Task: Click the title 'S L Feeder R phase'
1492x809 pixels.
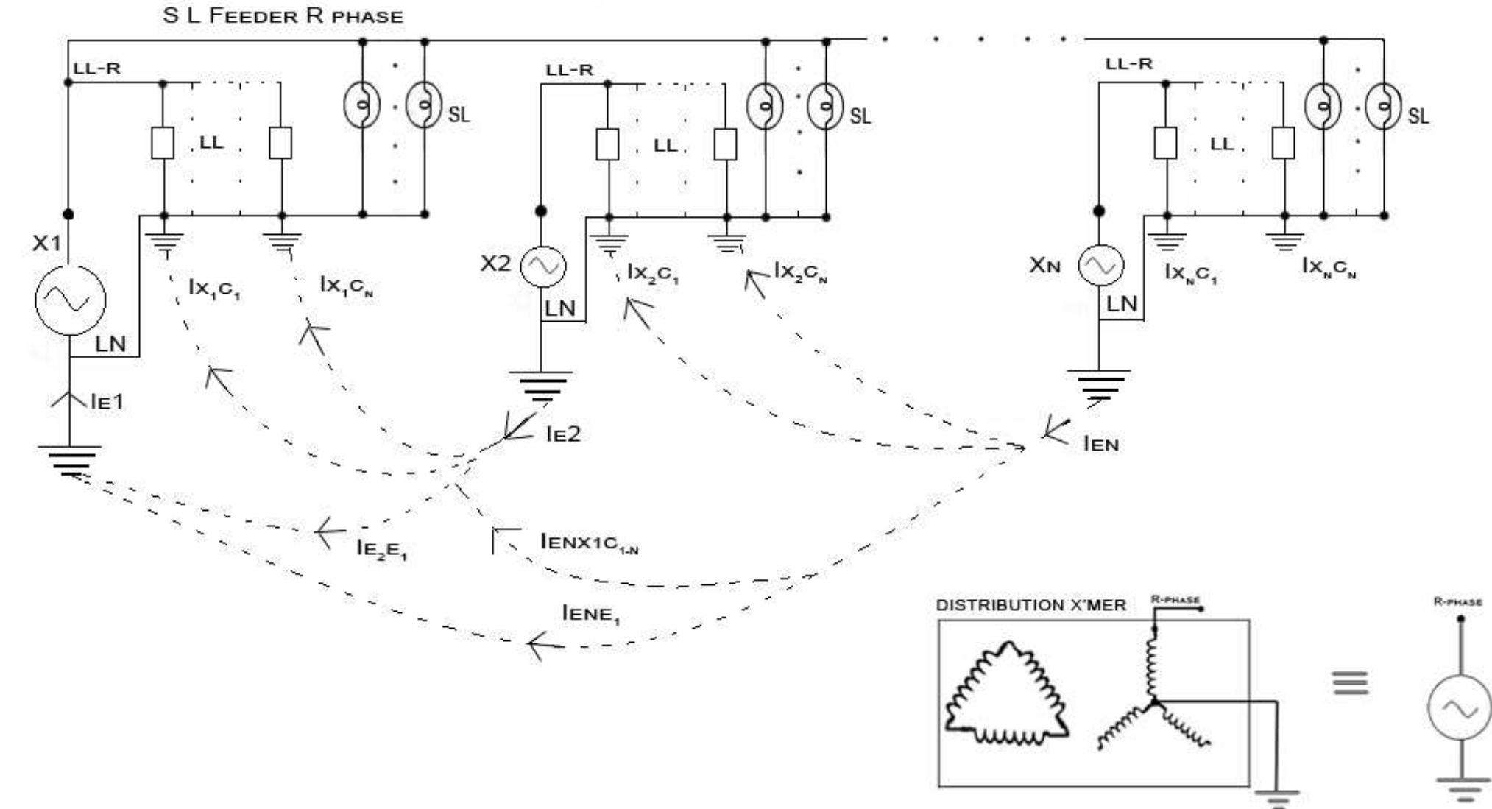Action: (283, 15)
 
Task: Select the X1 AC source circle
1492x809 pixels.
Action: (70, 300)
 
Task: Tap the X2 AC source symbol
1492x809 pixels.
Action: (543, 266)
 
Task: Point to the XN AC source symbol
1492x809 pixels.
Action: (1101, 266)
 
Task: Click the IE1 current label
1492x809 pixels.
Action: (107, 401)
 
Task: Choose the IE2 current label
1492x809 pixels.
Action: (563, 434)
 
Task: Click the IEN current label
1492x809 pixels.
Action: (1101, 444)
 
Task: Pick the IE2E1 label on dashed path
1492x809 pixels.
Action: (381, 548)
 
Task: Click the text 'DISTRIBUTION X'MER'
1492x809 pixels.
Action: (1030, 605)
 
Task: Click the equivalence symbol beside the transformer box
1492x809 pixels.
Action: (1351, 683)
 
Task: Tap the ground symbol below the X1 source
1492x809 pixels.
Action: (70, 460)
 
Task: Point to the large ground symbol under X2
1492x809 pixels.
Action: (540, 386)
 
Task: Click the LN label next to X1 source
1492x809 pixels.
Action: (110, 344)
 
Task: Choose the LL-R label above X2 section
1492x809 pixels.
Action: (569, 71)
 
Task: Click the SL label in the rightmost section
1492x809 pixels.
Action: (1418, 116)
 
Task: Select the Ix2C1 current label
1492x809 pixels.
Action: (653, 273)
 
